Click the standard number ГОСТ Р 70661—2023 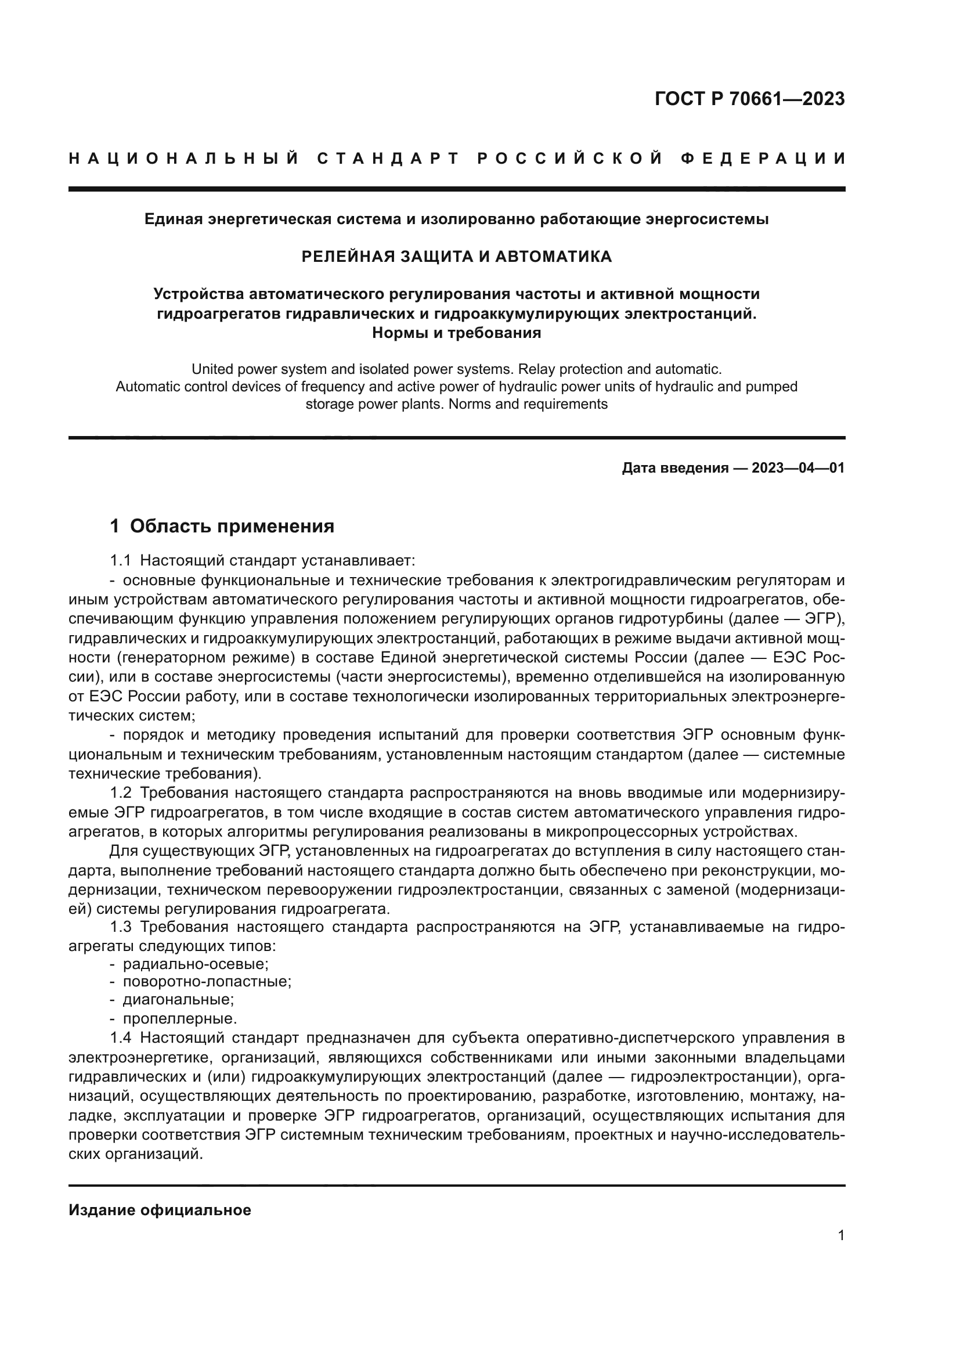pyautogui.click(x=749, y=99)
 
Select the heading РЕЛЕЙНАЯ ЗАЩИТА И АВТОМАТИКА pyautogui.click(x=456, y=257)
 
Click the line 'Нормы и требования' pyautogui.click(x=456, y=333)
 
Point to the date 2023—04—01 pyautogui.click(x=797, y=469)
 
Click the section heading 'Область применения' pyautogui.click(x=232, y=526)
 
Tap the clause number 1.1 pyautogui.click(x=120, y=560)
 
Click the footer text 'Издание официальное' pyautogui.click(x=160, y=1210)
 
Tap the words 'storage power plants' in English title pyautogui.click(x=370, y=405)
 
